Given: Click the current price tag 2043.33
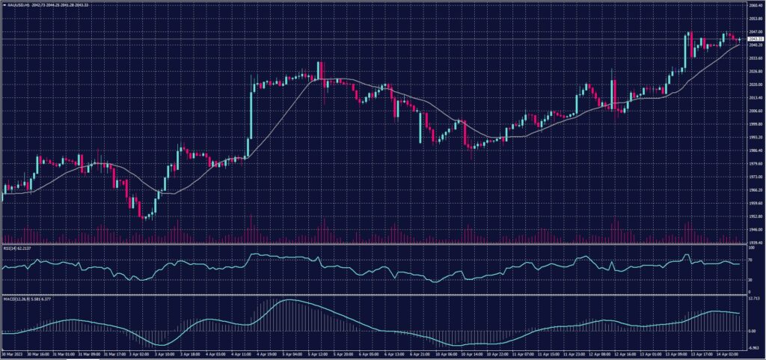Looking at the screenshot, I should [754, 39].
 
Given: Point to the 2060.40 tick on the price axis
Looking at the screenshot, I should [754, 5].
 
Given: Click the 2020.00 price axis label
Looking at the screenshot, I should [754, 85].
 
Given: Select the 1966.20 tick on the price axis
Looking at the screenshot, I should [754, 190].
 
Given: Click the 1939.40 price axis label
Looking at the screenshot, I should [754, 242].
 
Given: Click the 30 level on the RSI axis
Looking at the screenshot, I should [751, 279].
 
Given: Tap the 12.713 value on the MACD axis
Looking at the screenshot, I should [753, 297].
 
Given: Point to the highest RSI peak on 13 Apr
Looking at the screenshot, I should [687, 255].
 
